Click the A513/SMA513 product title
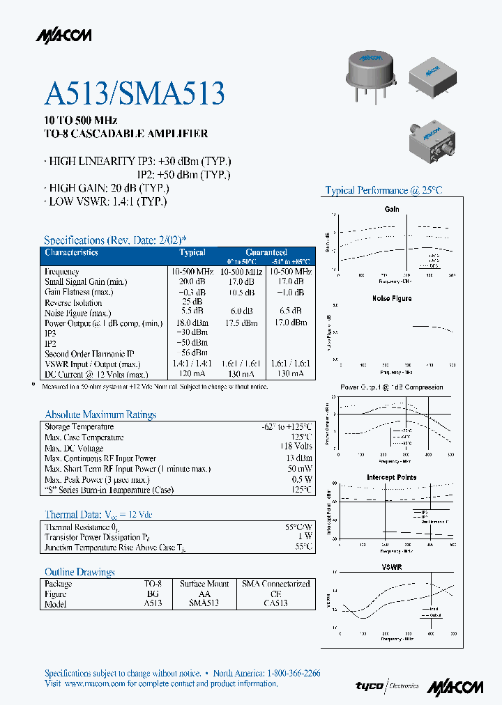135,93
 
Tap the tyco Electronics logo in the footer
387,686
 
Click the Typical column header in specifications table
192,252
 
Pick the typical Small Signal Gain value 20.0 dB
192,281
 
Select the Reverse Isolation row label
73,302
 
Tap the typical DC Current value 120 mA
192,374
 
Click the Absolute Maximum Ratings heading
100,415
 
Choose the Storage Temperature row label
79,426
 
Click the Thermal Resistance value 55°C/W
298,527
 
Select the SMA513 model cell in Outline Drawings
204,603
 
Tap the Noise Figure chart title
392,298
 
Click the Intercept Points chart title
392,477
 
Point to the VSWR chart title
392,567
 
